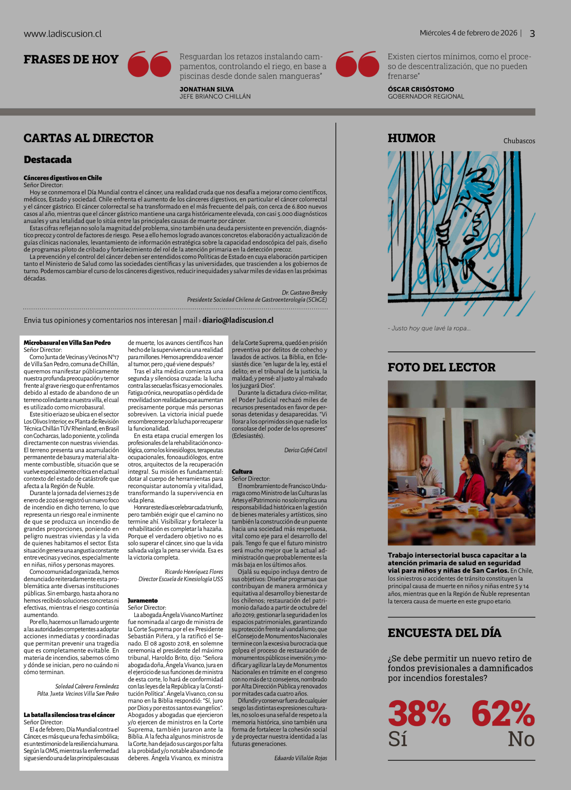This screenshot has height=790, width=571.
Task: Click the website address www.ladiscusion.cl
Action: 63,34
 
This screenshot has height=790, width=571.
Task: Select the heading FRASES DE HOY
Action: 71,60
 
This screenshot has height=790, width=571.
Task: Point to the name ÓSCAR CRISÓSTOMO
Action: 421,89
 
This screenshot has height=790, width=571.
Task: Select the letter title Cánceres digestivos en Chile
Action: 63,178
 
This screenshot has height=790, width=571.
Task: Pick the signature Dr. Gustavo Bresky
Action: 304,293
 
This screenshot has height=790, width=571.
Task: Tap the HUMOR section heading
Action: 411,138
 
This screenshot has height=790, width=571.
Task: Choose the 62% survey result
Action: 503,714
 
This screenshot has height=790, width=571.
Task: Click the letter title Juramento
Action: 143,600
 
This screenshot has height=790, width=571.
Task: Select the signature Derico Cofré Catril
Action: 305,450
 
